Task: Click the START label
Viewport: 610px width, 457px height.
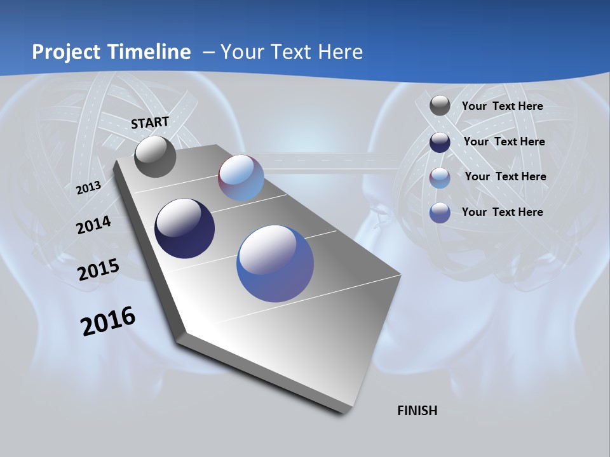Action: [150, 123]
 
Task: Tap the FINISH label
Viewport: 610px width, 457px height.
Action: [417, 411]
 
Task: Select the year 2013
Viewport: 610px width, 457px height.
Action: [88, 188]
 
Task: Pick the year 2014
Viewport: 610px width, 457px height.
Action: [93, 225]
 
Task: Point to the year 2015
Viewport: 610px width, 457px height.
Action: [98, 270]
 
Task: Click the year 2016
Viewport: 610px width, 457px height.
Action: [108, 321]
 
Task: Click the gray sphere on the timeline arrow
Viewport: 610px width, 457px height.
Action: [155, 157]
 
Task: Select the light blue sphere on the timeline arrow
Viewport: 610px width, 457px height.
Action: [241, 178]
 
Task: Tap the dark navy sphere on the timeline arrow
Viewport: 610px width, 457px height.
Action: [184, 228]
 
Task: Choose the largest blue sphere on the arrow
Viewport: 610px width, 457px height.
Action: [275, 263]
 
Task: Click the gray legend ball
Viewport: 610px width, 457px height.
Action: [440, 106]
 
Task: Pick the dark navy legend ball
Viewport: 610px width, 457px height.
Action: [440, 142]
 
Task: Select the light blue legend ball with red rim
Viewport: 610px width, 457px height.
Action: [440, 178]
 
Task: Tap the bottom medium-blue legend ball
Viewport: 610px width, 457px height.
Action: [440, 213]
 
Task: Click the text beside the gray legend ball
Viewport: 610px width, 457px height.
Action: [503, 106]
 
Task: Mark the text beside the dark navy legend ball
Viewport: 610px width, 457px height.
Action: [504, 142]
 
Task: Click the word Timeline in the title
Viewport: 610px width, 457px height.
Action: [154, 52]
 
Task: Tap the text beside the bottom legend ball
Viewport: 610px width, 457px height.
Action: [503, 212]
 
